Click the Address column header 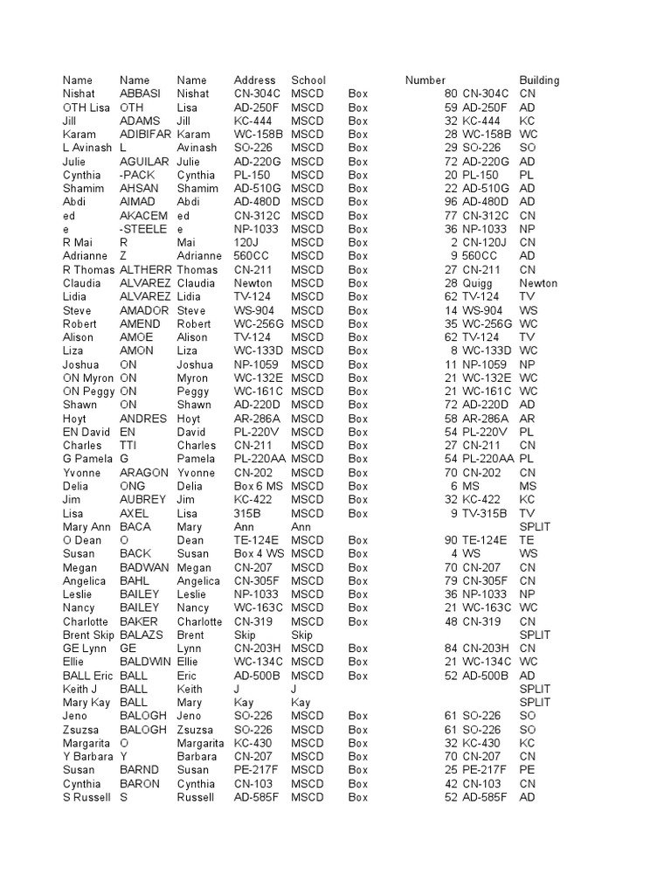coord(254,80)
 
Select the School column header coord(308,80)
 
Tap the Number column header coord(425,80)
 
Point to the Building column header coord(539,80)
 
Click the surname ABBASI coord(141,94)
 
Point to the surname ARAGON coord(143,473)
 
